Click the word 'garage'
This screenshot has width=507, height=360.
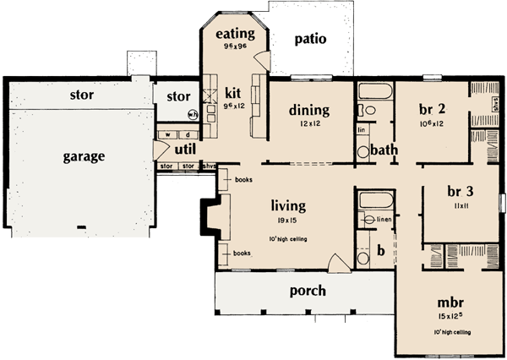click(x=83, y=156)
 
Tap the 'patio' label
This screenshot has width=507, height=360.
click(x=309, y=40)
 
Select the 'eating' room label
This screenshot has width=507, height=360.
click(x=235, y=34)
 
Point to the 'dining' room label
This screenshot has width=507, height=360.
click(x=308, y=110)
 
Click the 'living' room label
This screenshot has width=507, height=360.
click(x=288, y=205)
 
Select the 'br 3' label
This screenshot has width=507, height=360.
click(x=463, y=191)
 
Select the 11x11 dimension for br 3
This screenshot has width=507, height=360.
click(x=463, y=205)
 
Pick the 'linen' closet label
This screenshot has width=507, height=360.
click(x=384, y=220)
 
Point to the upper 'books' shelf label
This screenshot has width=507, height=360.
click(x=241, y=180)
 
